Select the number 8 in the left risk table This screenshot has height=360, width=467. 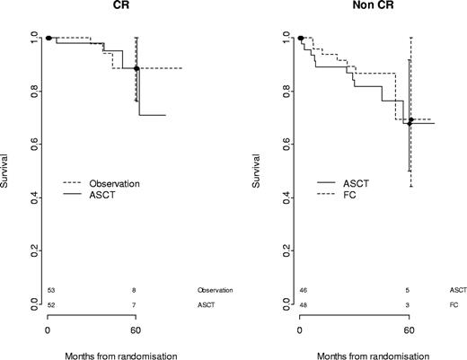[136, 291]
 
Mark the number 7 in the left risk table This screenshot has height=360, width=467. [136, 305]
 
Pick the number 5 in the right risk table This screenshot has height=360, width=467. [410, 291]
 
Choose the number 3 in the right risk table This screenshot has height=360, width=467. [410, 305]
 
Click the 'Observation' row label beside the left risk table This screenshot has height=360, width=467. [215, 291]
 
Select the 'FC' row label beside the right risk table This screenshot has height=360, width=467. [452, 305]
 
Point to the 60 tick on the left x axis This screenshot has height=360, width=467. [136, 329]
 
